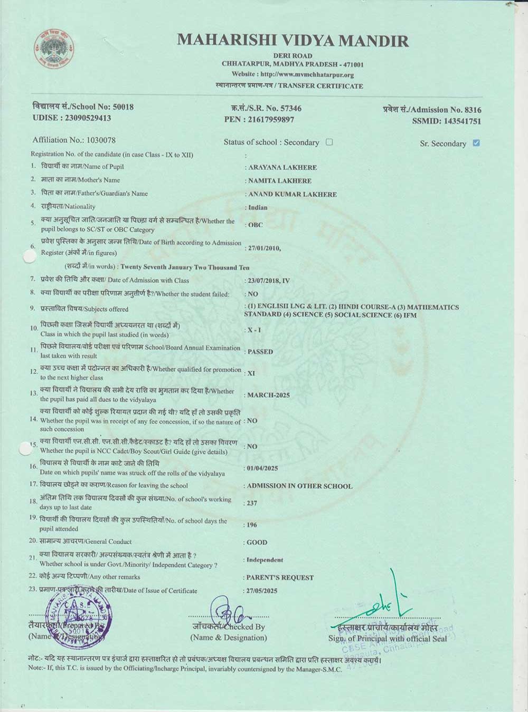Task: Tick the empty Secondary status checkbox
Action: [329, 142]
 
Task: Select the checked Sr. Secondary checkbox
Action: [476, 143]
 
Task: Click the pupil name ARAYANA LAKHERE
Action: [282, 168]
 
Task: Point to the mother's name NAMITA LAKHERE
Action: [280, 181]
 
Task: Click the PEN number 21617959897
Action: [267, 120]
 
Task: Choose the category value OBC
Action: [255, 225]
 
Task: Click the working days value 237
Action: [252, 503]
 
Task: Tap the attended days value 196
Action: [252, 525]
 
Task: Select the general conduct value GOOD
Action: [257, 542]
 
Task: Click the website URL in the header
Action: [293, 75]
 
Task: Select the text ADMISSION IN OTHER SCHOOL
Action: [299, 486]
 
